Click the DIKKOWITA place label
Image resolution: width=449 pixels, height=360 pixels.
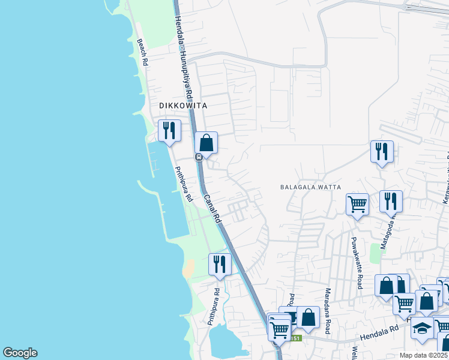click(183, 106)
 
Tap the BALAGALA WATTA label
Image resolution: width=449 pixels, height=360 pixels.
click(310, 187)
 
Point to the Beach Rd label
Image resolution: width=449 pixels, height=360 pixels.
click(143, 52)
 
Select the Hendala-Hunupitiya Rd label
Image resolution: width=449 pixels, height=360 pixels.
click(183, 57)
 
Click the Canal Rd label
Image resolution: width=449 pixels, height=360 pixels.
click(213, 209)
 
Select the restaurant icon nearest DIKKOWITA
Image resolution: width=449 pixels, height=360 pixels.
click(169, 130)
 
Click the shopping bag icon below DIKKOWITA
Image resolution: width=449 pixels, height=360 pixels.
click(206, 143)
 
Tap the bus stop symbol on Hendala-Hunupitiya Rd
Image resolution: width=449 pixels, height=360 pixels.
click(198, 157)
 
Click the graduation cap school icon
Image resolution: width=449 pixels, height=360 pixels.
click(423, 328)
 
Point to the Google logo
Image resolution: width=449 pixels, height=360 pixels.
click(20, 353)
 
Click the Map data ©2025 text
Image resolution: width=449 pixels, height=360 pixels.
click(424, 355)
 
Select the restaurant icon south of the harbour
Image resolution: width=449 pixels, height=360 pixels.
click(220, 263)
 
